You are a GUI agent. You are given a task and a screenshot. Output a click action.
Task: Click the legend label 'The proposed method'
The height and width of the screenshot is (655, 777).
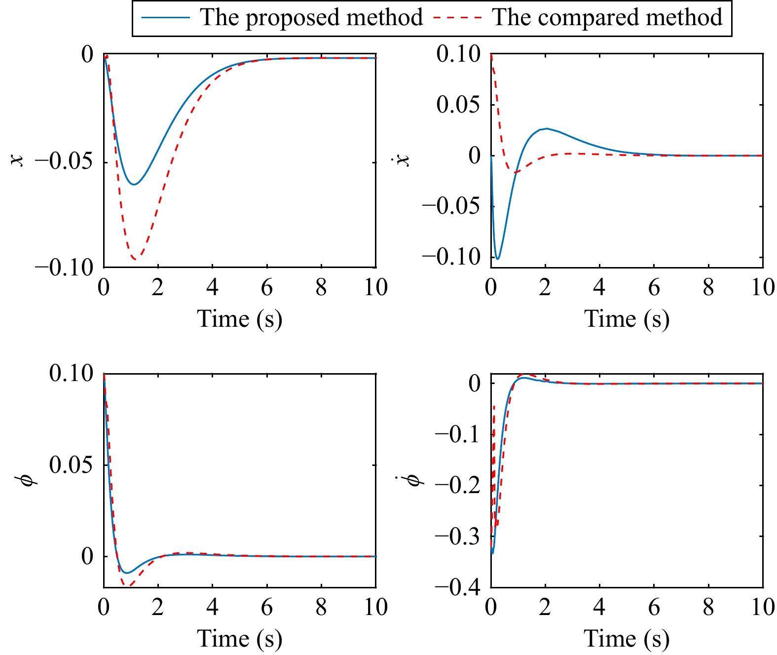point(311,18)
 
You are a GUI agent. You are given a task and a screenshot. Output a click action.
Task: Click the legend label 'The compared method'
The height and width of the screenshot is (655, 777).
point(607,18)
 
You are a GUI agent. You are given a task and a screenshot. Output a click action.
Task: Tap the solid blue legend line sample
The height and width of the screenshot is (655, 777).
point(166,18)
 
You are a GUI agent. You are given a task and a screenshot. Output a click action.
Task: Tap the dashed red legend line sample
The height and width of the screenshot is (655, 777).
point(457,18)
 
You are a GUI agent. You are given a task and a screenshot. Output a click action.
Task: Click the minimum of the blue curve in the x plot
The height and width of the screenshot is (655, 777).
point(134,184)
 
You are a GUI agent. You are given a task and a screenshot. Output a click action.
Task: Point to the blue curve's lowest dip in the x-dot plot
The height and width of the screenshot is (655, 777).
point(498,259)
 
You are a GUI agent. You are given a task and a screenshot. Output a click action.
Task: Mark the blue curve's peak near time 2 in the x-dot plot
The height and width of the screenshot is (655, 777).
point(546,129)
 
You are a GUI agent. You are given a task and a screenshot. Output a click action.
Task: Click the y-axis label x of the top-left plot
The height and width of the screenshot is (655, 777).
point(18,160)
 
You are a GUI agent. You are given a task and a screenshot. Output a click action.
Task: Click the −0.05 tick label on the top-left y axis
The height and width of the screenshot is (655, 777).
point(64,162)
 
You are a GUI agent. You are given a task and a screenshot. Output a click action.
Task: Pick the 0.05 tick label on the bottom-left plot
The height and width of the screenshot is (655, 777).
point(71,465)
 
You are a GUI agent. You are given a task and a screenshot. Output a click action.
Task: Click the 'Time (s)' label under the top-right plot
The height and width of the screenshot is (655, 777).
point(627,319)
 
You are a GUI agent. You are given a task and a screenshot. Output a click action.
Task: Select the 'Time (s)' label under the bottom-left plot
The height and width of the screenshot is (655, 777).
point(239,639)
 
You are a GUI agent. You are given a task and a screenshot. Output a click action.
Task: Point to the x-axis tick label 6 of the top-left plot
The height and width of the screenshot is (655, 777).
point(267,287)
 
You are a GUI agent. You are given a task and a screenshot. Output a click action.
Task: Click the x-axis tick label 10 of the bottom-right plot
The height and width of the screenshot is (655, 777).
point(763,607)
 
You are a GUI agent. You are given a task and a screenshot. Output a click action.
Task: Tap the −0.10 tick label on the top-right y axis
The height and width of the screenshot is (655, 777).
point(451,257)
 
